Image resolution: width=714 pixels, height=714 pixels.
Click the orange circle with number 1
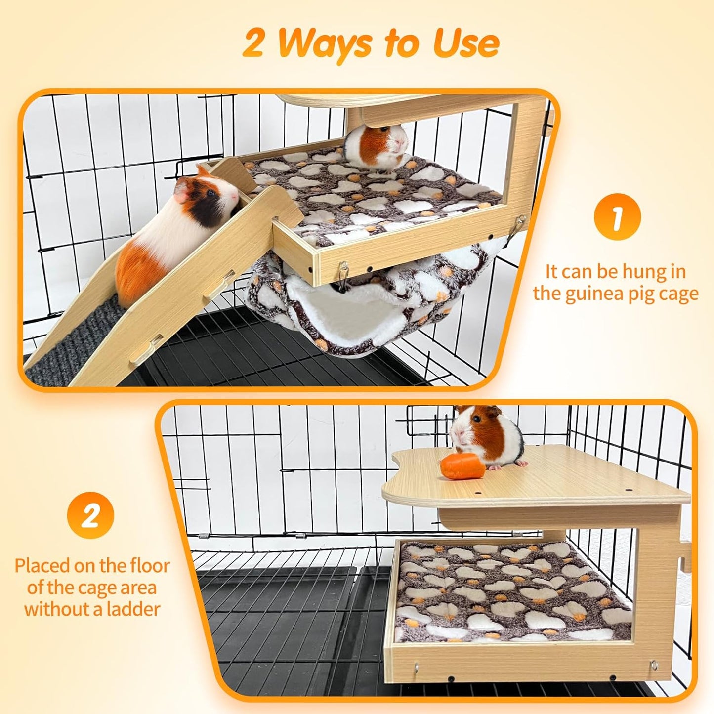(x=617, y=217)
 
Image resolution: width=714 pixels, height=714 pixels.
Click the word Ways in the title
(x=324, y=44)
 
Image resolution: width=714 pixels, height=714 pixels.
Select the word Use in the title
(x=466, y=44)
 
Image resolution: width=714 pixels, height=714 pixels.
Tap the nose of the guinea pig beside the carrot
(x=458, y=434)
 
